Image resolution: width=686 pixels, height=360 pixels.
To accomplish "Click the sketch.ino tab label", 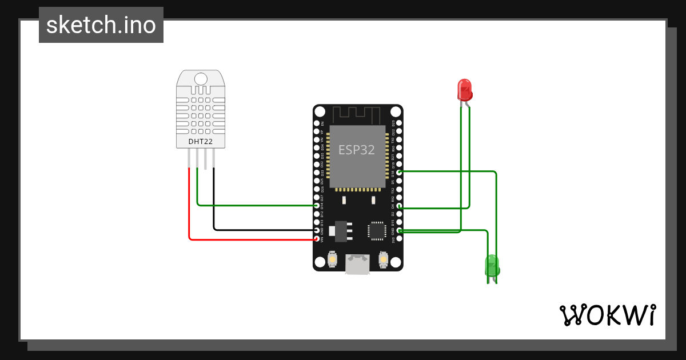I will (x=101, y=25).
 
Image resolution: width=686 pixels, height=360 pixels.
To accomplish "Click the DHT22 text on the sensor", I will (x=200, y=141).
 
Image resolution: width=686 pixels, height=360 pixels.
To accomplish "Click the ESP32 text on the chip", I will (x=357, y=150).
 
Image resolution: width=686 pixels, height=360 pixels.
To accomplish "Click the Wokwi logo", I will (x=607, y=315).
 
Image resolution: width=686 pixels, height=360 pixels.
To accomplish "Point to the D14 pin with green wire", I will (x=317, y=205).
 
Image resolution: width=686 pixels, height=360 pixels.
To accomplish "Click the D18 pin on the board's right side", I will (x=399, y=172).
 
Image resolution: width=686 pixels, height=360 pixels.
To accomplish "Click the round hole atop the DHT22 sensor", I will (x=201, y=78).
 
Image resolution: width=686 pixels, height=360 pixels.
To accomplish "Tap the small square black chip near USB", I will (x=377, y=230).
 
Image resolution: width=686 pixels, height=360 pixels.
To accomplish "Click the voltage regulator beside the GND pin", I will (x=341, y=230).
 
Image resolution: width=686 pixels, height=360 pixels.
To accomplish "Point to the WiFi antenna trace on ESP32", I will (x=357, y=114).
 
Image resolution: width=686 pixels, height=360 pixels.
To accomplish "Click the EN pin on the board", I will (x=317, y=123).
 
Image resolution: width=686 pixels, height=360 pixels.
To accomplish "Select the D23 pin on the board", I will (x=399, y=123).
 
